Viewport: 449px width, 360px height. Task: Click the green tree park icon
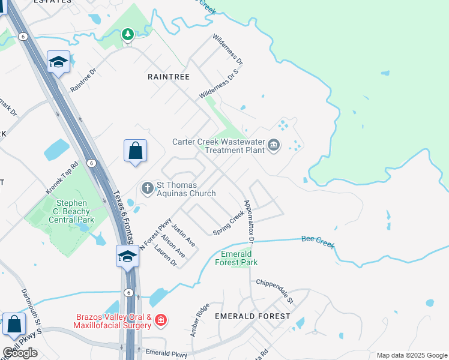[x=127, y=35]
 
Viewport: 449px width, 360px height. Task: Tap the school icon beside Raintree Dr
[x=59, y=62]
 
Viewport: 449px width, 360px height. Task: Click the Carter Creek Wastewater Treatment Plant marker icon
[x=274, y=145]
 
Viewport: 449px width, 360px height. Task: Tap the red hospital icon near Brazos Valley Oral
[x=160, y=320]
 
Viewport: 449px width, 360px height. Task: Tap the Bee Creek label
[x=317, y=243]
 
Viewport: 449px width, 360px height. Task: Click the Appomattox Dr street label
[x=249, y=221]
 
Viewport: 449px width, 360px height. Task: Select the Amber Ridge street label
[x=201, y=319]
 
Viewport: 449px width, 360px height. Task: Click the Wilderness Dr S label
[x=220, y=84]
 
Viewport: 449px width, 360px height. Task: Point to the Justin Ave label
[x=183, y=235]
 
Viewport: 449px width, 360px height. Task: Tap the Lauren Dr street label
[x=166, y=255]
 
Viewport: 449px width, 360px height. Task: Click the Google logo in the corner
[x=20, y=353]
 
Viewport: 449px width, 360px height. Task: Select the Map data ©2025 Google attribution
[x=411, y=355]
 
